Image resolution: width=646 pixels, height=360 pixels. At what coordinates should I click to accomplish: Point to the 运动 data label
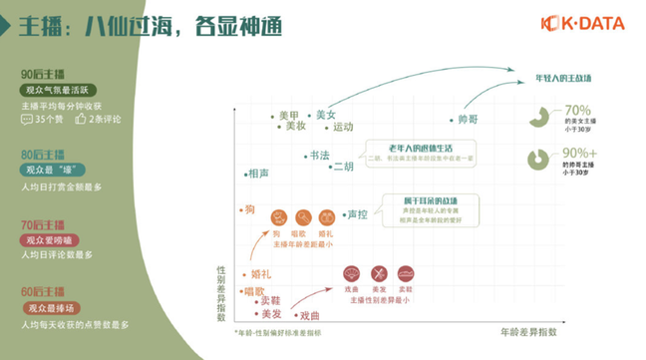[x=343, y=127]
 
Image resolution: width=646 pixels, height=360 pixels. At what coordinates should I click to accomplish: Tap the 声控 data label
[x=358, y=213]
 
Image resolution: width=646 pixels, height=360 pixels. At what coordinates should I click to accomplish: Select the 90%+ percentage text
[x=581, y=152]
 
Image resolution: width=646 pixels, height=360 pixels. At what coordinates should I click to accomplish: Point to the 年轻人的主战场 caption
[x=564, y=76]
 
